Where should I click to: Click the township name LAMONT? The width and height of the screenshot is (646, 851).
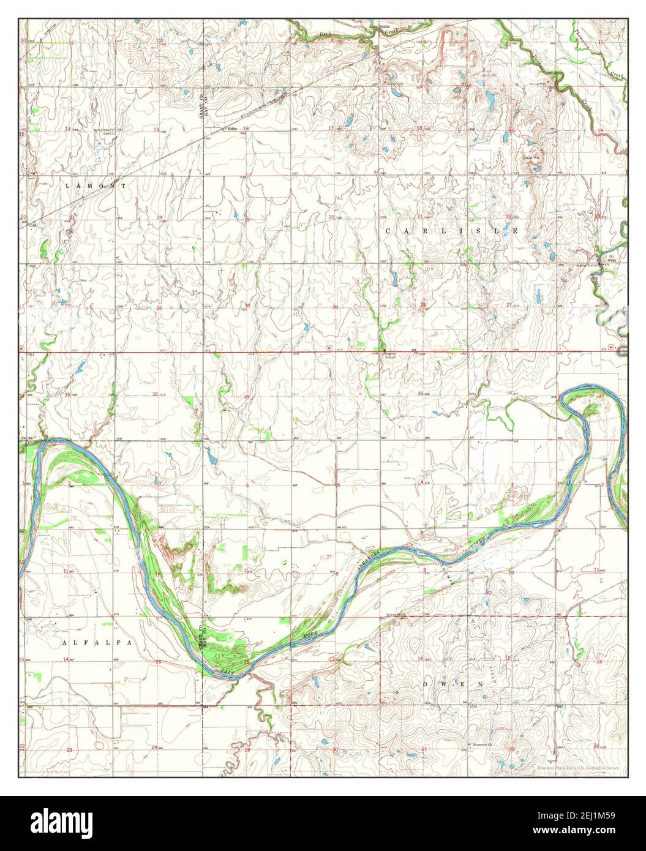point(97,185)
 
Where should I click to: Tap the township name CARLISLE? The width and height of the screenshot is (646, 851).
point(453,231)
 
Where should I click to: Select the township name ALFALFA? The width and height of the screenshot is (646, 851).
point(98,643)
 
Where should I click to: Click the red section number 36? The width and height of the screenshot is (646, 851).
point(155,394)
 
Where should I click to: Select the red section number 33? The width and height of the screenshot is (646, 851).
point(421,392)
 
